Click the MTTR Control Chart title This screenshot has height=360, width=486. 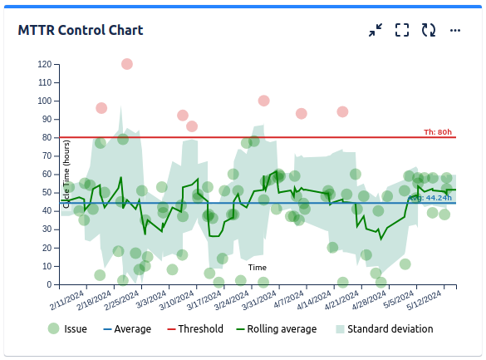[81, 30]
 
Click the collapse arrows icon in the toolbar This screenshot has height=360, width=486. [376, 30]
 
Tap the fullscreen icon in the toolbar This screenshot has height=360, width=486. [402, 30]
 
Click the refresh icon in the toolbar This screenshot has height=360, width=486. [429, 30]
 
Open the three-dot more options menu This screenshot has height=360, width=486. [455, 30]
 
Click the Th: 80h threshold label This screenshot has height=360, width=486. [438, 132]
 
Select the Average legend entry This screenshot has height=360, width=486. [126, 328]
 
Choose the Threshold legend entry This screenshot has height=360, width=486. [195, 328]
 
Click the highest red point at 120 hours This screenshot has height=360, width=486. [126, 64]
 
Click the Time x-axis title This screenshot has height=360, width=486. [258, 267]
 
